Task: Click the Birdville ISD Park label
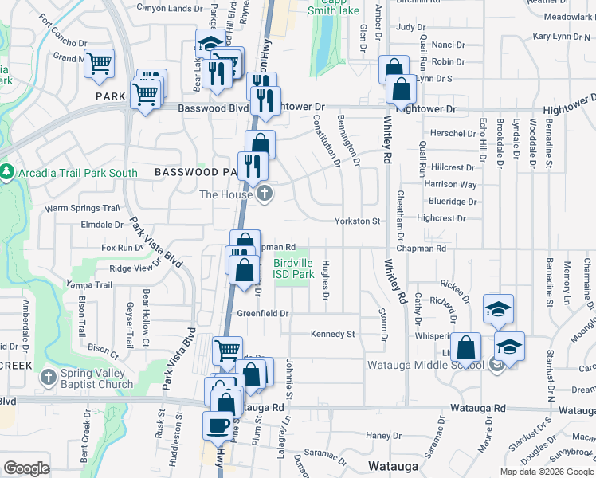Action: [293, 268]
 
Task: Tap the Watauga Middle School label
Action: [425, 365]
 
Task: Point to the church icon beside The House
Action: [265, 194]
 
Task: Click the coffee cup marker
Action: [218, 425]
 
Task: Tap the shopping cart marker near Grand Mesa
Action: [99, 63]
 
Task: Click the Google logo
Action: [27, 468]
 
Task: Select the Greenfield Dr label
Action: [262, 313]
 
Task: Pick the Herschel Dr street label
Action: [453, 133]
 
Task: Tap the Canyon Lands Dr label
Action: [171, 9]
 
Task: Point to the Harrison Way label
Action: [450, 184]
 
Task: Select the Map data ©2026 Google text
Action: [546, 472]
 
